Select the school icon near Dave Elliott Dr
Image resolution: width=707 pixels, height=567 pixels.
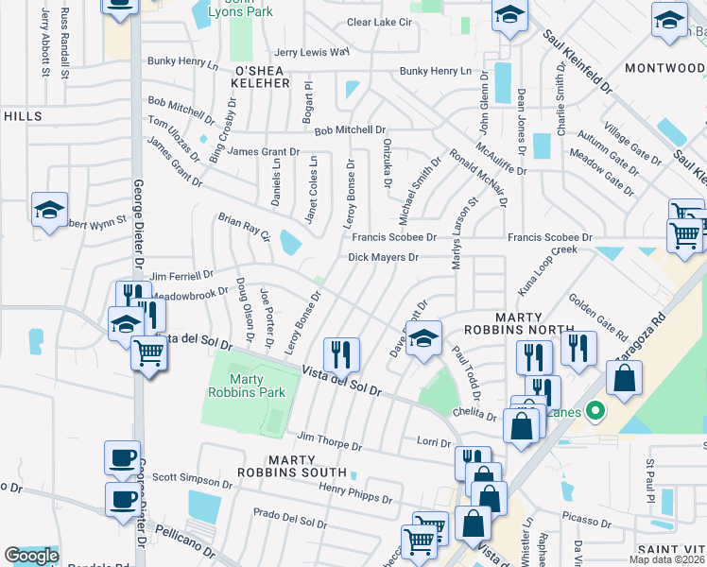423,338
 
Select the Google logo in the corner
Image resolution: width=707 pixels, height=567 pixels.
31,556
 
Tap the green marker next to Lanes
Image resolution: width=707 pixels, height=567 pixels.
595,411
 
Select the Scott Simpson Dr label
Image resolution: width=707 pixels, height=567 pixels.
192,479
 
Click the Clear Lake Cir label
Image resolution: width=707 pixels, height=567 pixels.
380,22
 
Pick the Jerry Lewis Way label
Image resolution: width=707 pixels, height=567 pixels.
311,52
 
